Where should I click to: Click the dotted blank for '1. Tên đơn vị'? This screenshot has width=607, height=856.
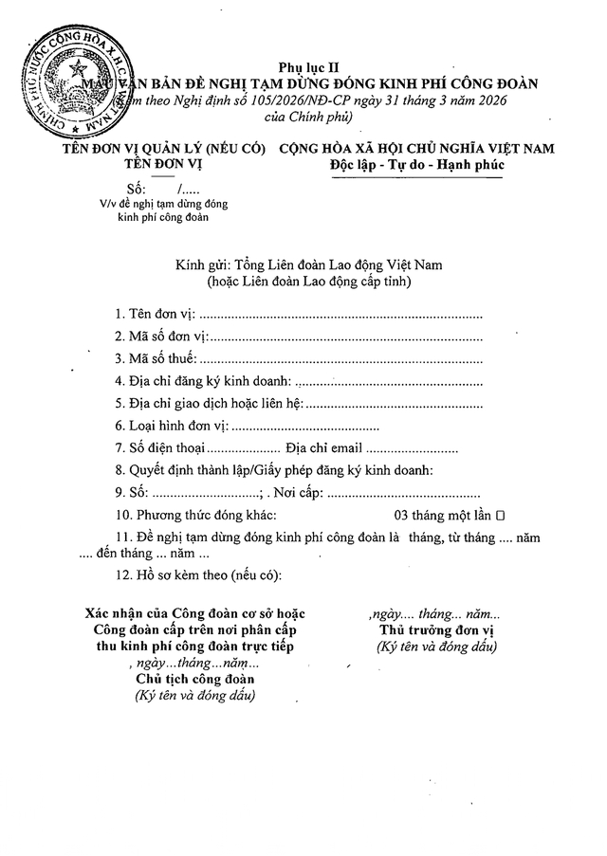pyautogui.click(x=341, y=313)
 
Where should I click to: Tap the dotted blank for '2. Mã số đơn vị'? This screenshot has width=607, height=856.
pyautogui.click(x=346, y=337)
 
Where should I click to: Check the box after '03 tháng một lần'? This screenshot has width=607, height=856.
pyautogui.click(x=500, y=515)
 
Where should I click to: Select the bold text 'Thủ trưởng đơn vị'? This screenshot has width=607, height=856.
pyautogui.click(x=435, y=630)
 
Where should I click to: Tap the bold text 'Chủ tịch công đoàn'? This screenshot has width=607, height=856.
pyautogui.click(x=195, y=680)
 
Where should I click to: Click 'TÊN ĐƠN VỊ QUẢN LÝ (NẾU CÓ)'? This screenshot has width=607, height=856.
pyautogui.click(x=161, y=149)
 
